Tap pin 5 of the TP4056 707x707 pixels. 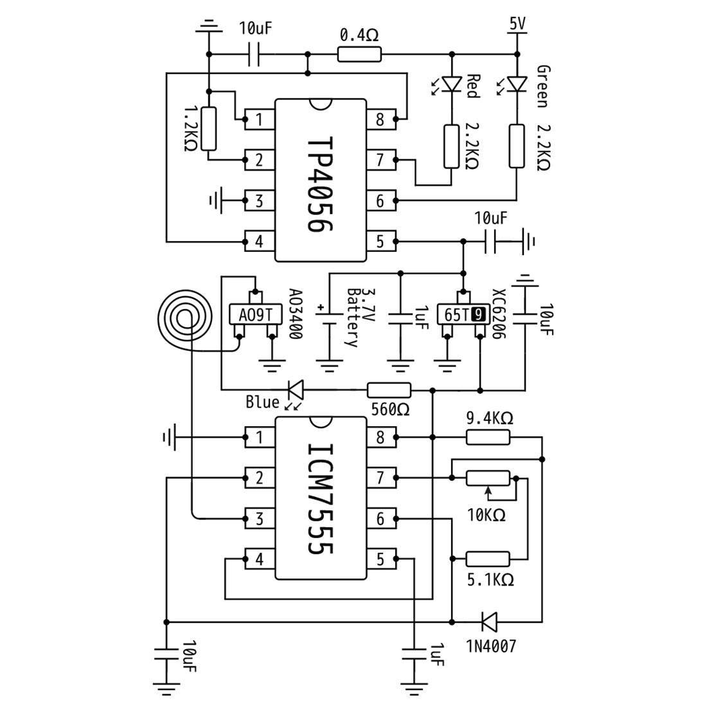click(x=380, y=242)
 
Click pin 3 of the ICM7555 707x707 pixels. click(x=259, y=518)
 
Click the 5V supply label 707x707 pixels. click(x=517, y=24)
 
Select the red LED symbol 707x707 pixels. click(x=453, y=84)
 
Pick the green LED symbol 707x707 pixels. click(x=517, y=84)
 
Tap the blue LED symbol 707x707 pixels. click(x=295, y=389)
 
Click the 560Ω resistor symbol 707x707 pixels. click(x=389, y=389)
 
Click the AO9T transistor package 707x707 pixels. click(x=255, y=315)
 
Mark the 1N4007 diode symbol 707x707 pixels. click(x=488, y=622)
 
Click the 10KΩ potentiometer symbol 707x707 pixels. click(x=488, y=478)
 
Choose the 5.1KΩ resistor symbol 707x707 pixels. click(x=488, y=559)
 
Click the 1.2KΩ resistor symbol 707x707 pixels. click(x=209, y=129)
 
